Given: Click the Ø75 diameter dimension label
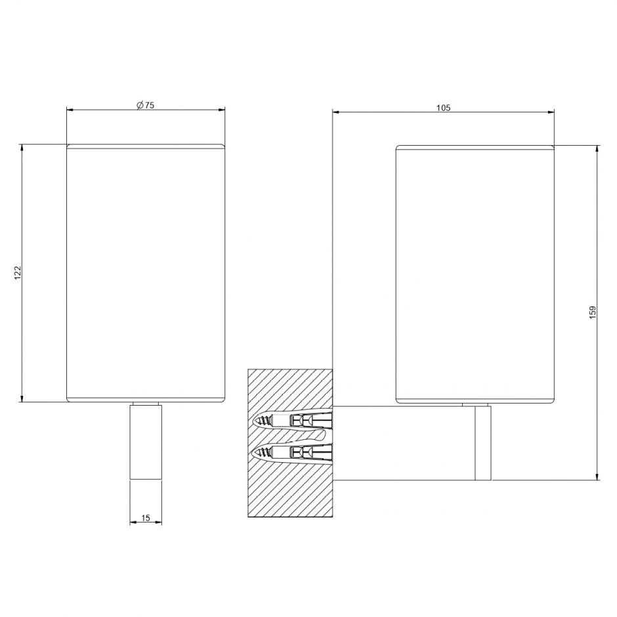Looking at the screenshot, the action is [x=145, y=105].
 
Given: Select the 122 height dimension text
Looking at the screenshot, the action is [x=17, y=272].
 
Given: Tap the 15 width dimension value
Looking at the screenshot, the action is [x=146, y=518].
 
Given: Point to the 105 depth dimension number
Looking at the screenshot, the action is [x=443, y=108].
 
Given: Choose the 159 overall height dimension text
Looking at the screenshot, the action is [x=593, y=312].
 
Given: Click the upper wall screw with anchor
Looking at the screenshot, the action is [x=294, y=421].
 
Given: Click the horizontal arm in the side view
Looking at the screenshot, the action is [x=404, y=443].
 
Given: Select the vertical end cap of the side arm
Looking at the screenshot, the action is [x=483, y=443].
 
